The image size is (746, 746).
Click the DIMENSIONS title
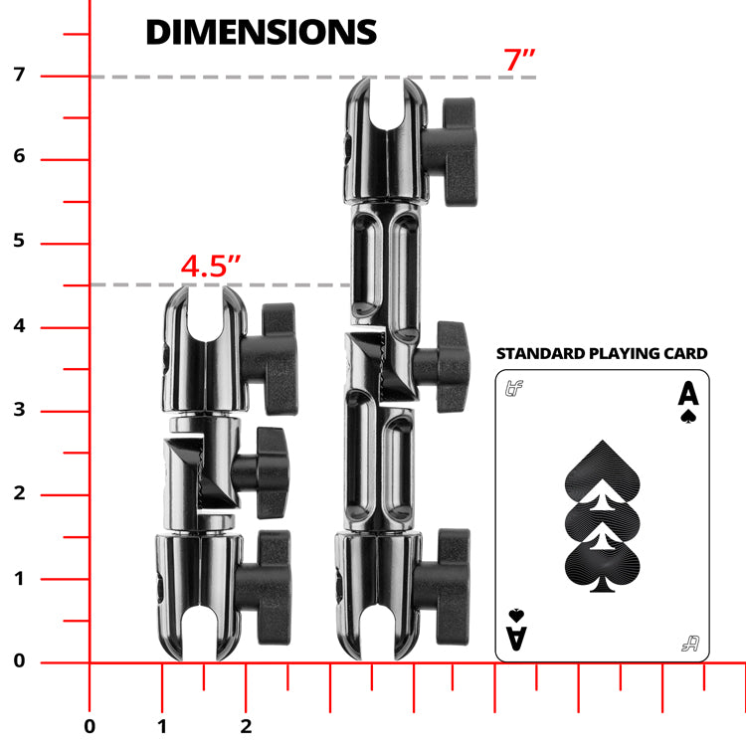pyautogui.click(x=261, y=32)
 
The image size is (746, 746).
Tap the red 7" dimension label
pyautogui.click(x=519, y=60)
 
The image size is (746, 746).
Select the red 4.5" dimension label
pyautogui.click(x=211, y=268)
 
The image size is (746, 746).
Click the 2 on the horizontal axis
pyautogui.click(x=246, y=725)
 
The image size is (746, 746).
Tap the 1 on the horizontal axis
pyautogui.click(x=162, y=725)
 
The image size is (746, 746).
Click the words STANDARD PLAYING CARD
pyautogui.click(x=602, y=353)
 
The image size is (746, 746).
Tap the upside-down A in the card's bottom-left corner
pyautogui.click(x=515, y=631)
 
